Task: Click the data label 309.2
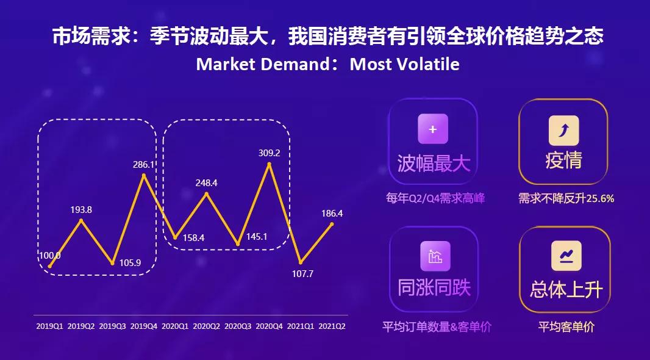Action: point(269,153)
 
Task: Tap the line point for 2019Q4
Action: point(144,176)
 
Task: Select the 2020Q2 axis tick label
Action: point(206,326)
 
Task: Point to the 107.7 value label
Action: point(302,274)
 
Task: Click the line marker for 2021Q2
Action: point(332,224)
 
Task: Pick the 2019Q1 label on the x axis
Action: point(49,326)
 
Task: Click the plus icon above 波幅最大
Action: point(433,129)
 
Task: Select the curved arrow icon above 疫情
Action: point(563,130)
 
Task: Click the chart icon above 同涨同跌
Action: point(435,256)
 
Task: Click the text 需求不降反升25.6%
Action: point(566,198)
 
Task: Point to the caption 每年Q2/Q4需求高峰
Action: point(435,198)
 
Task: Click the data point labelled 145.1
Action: point(238,244)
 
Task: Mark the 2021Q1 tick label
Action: point(300,326)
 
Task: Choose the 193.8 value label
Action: point(81,209)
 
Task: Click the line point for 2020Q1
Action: point(175,237)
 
